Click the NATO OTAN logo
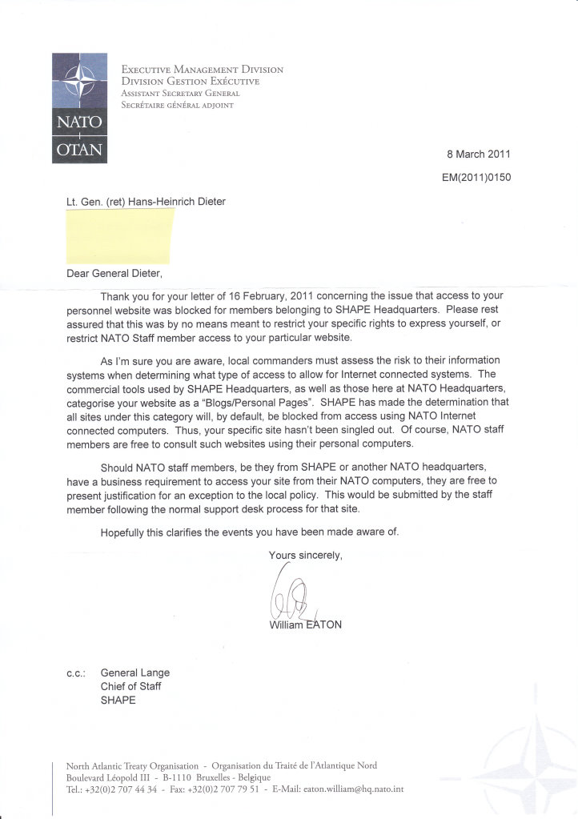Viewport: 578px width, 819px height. click(79, 107)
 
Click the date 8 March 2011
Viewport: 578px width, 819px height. click(478, 155)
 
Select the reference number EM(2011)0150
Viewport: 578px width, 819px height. click(476, 178)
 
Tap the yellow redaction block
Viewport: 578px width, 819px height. click(119, 236)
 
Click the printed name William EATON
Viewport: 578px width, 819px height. click(306, 624)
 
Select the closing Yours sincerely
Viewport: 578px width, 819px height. click(306, 555)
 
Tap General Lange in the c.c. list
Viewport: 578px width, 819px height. click(134, 673)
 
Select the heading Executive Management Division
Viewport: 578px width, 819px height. click(202, 70)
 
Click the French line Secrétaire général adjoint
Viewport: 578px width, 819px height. click(177, 105)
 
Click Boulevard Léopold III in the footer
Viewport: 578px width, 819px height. click(106, 777)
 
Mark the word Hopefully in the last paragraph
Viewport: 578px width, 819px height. click(126, 532)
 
